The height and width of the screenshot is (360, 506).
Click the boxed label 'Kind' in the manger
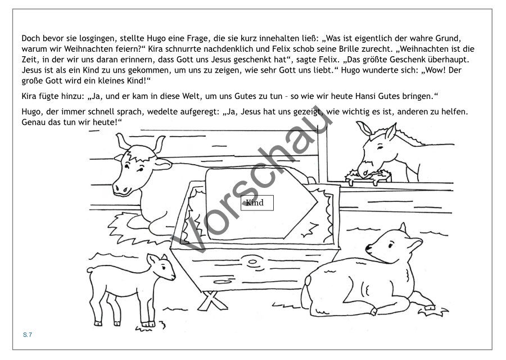coord(257,202)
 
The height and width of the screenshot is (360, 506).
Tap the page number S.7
coord(28,335)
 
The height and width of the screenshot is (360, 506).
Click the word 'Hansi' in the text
coord(365,96)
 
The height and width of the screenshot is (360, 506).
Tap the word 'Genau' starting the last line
coord(32,123)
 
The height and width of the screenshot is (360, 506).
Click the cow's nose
coord(121,190)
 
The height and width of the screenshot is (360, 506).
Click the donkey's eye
coord(381,147)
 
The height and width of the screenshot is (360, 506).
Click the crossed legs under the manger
coord(211,300)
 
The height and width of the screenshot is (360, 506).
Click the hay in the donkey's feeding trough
coord(368,175)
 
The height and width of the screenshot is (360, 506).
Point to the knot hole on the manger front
coord(249,262)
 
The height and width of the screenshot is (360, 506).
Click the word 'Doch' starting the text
coord(31,38)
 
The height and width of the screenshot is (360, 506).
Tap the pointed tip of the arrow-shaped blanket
coord(318,202)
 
